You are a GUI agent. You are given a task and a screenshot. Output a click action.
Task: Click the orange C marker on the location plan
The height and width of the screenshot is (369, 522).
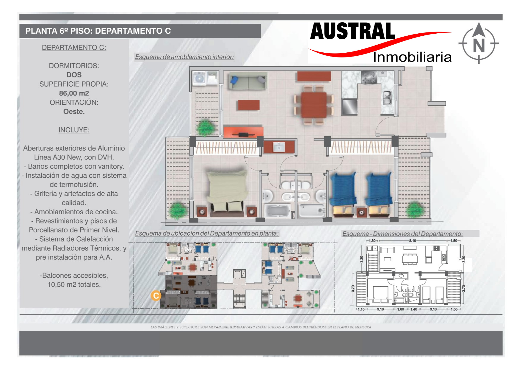(x=156, y=296)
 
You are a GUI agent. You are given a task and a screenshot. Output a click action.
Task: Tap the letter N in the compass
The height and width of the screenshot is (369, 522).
(x=479, y=45)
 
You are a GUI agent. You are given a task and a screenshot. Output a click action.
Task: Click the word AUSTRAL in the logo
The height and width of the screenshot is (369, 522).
(x=352, y=31)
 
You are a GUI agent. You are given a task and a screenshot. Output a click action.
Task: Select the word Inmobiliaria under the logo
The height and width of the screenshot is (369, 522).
(x=412, y=57)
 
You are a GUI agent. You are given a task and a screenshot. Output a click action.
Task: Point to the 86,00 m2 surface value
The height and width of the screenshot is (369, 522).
(x=74, y=93)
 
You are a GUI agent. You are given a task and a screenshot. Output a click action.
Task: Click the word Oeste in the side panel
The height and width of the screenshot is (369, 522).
(x=74, y=112)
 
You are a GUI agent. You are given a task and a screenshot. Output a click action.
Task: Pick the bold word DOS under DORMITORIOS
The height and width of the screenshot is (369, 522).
(x=74, y=75)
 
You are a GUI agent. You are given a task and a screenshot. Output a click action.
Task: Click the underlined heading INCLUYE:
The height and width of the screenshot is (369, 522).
(x=74, y=130)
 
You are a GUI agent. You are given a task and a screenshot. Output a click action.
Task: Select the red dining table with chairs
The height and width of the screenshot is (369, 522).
(x=314, y=105)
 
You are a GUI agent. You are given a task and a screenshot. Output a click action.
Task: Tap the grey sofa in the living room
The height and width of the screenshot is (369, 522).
(x=248, y=81)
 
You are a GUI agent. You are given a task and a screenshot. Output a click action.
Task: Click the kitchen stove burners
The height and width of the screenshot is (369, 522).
(x=369, y=77)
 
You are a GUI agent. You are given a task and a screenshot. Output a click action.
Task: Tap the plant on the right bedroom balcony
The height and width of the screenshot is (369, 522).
(x=414, y=210)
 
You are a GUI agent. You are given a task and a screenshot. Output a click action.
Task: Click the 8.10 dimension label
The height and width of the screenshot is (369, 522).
(x=413, y=241)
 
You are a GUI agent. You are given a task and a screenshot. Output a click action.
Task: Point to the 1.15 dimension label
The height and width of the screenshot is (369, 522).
(x=361, y=309)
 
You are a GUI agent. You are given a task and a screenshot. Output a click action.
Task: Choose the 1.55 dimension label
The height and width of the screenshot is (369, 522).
(x=454, y=309)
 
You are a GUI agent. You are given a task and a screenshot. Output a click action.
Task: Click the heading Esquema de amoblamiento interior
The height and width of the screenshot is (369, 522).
(x=184, y=57)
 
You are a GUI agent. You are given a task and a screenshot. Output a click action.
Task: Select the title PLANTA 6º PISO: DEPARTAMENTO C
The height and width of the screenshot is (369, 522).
(x=98, y=31)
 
